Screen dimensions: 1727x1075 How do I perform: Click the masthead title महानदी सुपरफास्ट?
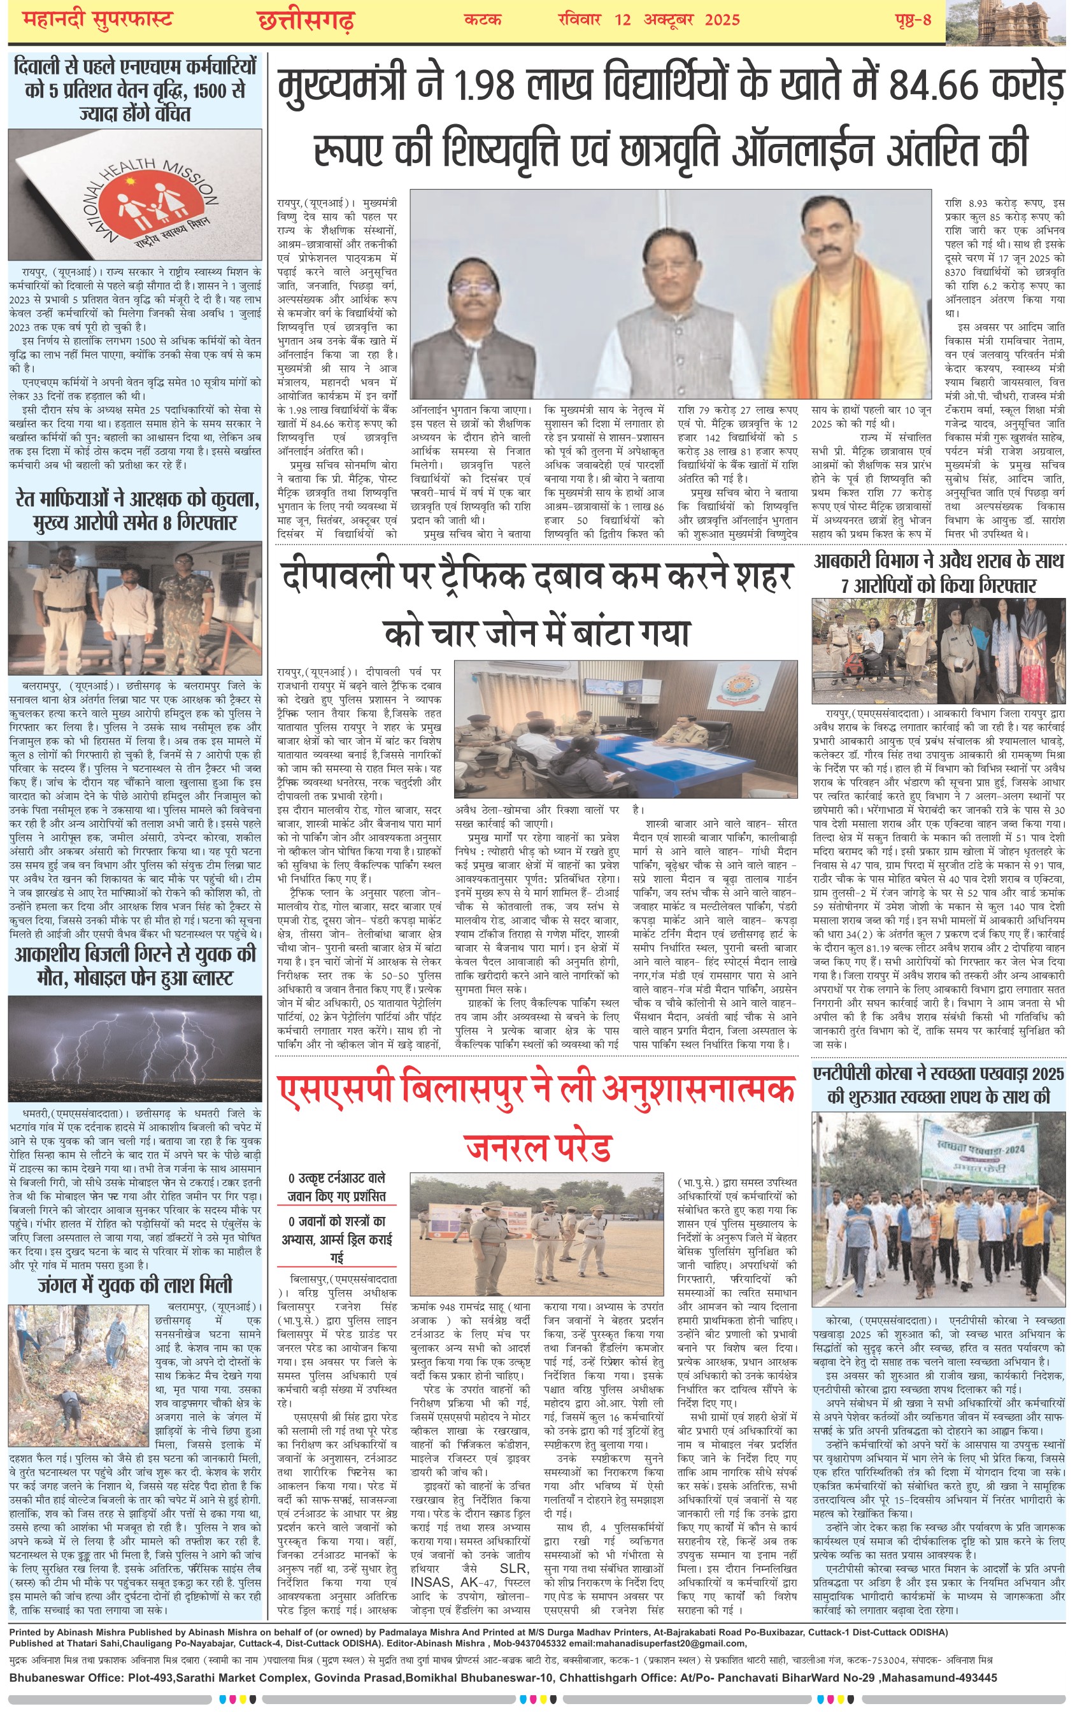[97, 19]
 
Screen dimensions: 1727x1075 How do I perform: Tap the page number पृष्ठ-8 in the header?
[913, 19]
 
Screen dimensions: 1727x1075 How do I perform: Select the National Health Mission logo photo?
[135, 197]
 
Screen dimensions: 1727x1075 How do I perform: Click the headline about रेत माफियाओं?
[135, 510]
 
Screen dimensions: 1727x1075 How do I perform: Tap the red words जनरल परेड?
[538, 1146]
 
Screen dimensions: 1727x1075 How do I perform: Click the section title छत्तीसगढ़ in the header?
[306, 20]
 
